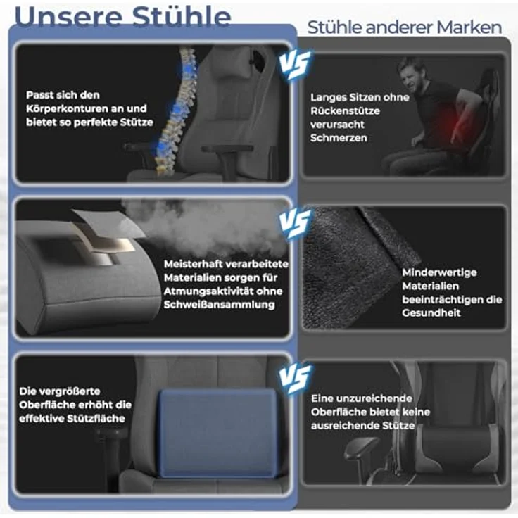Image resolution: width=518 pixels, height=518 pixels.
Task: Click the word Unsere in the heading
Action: (x=68, y=16)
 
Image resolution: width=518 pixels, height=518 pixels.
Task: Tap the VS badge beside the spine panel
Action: (x=295, y=65)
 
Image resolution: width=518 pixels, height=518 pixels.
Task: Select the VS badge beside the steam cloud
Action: (x=295, y=222)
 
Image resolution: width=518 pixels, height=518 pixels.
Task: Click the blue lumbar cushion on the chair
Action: (x=218, y=433)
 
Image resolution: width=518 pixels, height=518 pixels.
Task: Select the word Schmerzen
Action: (x=339, y=138)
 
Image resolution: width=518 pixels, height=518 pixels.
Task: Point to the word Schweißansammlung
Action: (x=220, y=305)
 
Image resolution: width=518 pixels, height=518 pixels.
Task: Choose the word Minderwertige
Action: (x=439, y=272)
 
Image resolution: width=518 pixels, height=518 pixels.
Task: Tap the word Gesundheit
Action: (x=431, y=313)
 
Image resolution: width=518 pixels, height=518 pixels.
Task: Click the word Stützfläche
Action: (x=96, y=419)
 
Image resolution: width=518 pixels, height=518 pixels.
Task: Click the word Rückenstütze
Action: (x=345, y=111)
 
